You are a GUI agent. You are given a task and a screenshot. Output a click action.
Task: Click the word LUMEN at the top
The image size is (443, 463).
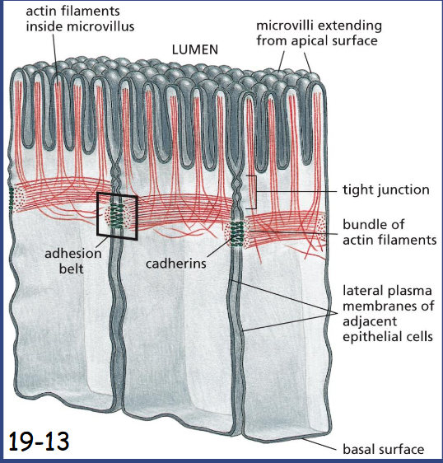coord(196,49)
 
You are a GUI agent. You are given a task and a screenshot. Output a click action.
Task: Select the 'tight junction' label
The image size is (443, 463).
coord(386,189)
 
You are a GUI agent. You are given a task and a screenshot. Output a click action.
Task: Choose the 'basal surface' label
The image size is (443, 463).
coord(383,449)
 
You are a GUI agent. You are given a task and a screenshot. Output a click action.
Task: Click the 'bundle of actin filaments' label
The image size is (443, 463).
coord(389,231)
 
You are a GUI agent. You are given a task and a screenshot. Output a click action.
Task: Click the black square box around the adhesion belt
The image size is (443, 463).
coord(118,215)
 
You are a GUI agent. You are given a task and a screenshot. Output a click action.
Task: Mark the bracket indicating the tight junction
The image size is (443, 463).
coord(256,190)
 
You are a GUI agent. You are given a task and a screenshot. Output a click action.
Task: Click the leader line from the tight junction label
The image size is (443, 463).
coord(296,190)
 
